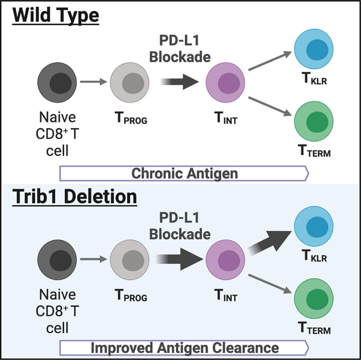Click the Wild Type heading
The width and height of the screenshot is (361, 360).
coord(55,15)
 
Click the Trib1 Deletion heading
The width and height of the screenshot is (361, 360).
coord(74,196)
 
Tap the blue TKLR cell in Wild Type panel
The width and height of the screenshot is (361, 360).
coord(314,49)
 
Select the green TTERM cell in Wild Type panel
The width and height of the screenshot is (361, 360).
coord(314,121)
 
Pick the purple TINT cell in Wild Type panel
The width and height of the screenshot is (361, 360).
coord(225,82)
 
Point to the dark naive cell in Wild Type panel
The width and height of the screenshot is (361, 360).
coord(57,82)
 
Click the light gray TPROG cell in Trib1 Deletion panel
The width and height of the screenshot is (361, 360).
coord(130,260)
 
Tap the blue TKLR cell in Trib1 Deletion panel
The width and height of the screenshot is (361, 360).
coord(314,226)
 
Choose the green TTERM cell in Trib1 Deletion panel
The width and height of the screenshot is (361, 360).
coord(314,298)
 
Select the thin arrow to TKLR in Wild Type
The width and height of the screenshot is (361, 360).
coord(270,60)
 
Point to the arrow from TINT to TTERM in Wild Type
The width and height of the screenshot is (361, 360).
coord(270,106)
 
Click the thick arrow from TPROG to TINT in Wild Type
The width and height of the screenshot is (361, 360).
coord(179,81)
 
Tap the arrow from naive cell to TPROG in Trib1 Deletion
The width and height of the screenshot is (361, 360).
coord(94,259)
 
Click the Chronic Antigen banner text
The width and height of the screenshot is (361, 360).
coord(184,173)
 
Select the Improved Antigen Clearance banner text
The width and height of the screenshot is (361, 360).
coord(184,348)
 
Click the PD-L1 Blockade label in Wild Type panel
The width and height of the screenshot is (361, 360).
coord(180,49)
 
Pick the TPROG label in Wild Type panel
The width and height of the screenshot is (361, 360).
coord(131,118)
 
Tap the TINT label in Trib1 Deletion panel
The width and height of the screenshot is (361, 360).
coord(226,296)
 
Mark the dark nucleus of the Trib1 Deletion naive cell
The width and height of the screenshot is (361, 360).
coord(60,261)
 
